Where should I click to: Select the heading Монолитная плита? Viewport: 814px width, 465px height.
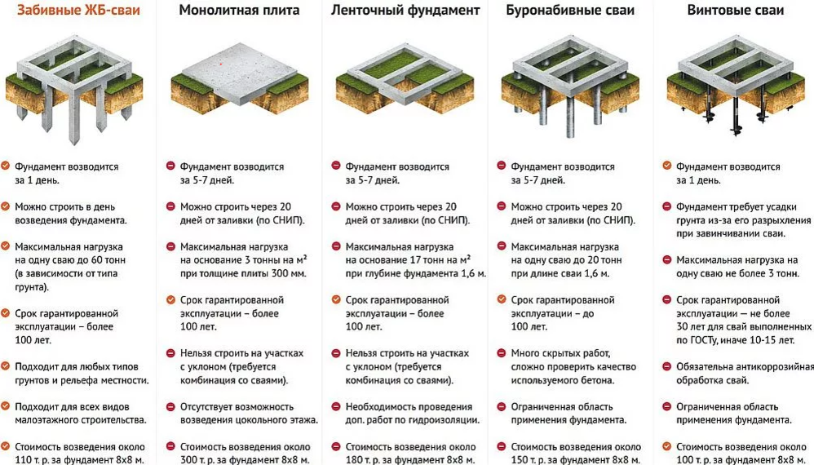[239, 11]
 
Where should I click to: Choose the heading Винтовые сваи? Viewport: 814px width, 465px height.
[735, 11]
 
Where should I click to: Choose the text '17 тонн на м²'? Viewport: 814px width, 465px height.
[433, 259]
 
